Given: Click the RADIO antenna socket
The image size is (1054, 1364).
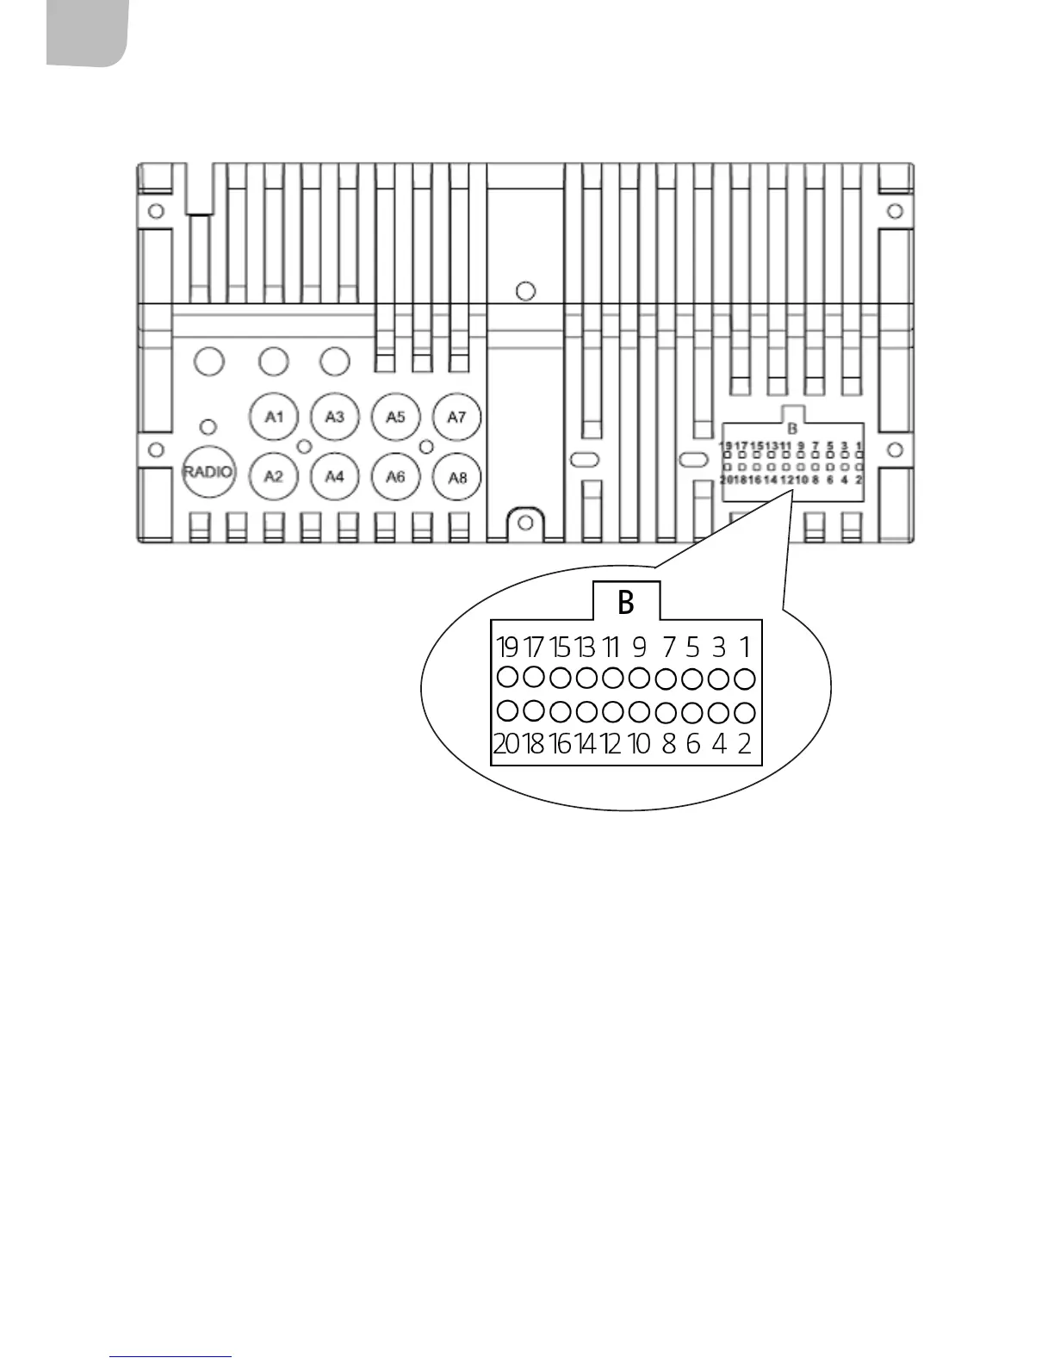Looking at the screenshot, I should tap(208, 472).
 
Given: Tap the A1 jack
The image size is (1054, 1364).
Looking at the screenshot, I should tap(274, 418).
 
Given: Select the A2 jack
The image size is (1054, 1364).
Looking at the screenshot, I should tap(274, 476).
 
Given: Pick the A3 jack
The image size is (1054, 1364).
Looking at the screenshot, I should tap(335, 418).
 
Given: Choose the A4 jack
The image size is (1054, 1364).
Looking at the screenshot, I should tap(335, 476).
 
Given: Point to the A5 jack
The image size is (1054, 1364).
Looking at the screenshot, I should tap(395, 418).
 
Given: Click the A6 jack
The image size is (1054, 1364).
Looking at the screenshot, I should tap(395, 476).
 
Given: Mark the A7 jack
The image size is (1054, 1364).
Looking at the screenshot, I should tap(456, 418).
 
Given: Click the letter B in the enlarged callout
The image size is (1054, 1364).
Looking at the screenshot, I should tap(626, 603).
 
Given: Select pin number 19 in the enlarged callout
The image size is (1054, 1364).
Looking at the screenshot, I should tap(507, 647).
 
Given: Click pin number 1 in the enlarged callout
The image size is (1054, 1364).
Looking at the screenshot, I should tap(745, 647).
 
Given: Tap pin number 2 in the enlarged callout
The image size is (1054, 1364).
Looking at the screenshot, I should tap(745, 743).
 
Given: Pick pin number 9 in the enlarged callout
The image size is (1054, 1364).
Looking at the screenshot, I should tap(639, 647).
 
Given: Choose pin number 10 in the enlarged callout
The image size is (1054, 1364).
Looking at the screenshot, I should tap(639, 743).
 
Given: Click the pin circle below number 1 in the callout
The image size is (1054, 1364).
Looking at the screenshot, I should tap(746, 679).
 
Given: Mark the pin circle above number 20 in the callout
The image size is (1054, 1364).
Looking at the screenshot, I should tap(508, 711).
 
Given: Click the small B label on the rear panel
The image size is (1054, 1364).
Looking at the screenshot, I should tap(793, 428).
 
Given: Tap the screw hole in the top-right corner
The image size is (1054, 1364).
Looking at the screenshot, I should tap(895, 211).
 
